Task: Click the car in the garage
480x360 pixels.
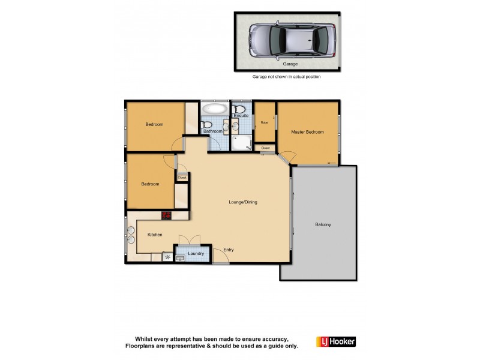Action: coord(292,40)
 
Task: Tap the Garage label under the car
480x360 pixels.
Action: coord(292,64)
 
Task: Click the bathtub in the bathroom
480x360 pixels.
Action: coord(214,110)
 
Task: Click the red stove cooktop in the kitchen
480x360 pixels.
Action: coord(166,215)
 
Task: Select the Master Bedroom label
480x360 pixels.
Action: coord(307,132)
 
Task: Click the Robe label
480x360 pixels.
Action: coord(263,122)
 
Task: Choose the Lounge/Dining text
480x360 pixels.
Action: coord(243,202)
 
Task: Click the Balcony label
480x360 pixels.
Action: coord(323,224)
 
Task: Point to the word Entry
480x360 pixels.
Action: coord(229,250)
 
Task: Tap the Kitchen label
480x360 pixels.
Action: coord(155,235)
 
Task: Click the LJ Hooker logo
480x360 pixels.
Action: coord(335,341)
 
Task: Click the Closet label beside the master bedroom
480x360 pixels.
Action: coord(265,148)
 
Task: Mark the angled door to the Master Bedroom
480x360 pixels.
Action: coord(286,157)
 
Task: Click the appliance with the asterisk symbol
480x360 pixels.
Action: coord(167,257)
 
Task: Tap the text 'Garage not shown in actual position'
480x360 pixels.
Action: coord(286,77)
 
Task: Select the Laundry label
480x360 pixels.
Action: coord(196,254)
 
